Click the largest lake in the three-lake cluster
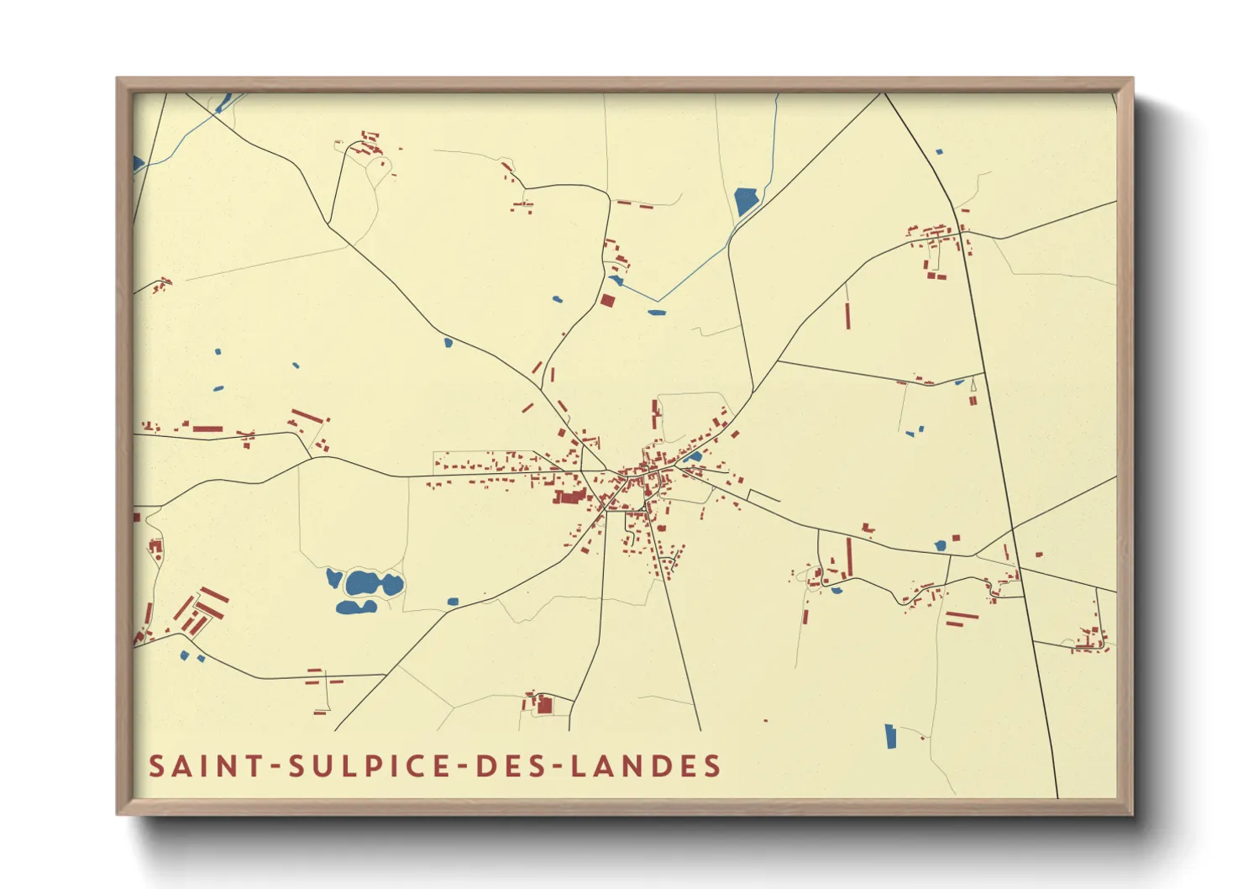tap(365, 582)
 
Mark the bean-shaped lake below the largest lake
tap(355, 607)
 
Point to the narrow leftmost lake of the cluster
tap(333, 577)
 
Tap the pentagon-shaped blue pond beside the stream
tap(746, 202)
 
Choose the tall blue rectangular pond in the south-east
tap(891, 736)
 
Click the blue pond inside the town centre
tap(695, 457)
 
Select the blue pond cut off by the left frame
tap(138, 164)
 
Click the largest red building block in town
tap(569, 497)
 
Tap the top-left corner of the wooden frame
tap(118, 79)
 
